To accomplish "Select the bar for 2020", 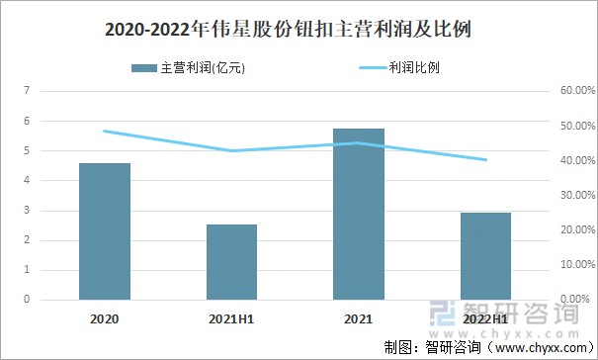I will point(105,231).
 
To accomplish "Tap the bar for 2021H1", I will point(231,262).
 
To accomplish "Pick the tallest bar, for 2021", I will point(359,214).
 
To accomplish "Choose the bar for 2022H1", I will point(485,256).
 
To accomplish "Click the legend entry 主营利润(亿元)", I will point(188,69).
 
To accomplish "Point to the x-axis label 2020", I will point(104,319).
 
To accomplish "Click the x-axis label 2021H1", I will point(231,319).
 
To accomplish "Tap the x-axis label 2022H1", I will point(485,319).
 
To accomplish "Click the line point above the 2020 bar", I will point(105,131).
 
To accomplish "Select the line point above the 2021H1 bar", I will point(231,150).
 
